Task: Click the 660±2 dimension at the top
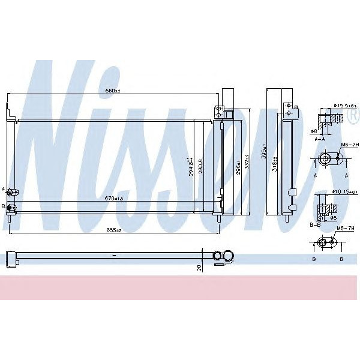(113, 91)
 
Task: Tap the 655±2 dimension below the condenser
(114, 230)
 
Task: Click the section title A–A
(320, 138)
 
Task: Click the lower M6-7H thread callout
(344, 229)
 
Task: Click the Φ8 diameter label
(314, 130)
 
